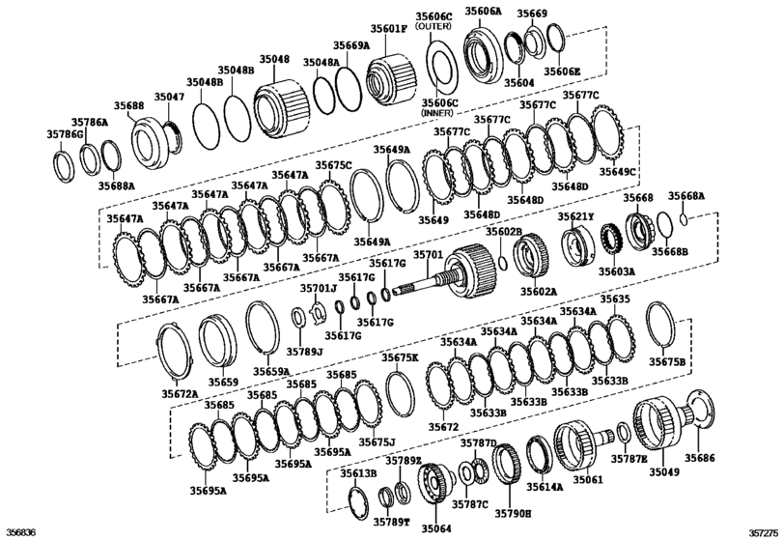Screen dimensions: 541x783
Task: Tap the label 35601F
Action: tap(390, 28)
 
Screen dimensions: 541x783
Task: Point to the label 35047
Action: tap(171, 99)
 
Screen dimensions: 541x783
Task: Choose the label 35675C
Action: tap(333, 166)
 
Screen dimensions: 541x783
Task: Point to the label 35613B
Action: tap(357, 473)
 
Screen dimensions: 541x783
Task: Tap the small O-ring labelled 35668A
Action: tap(684, 218)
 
